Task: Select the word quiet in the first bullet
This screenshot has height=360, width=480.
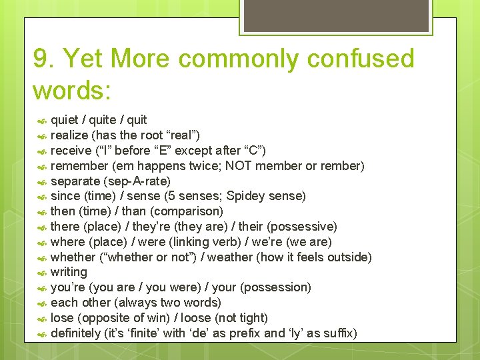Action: click(64, 120)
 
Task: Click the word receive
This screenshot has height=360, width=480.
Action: click(71, 151)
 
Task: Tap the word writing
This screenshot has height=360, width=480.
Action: click(69, 272)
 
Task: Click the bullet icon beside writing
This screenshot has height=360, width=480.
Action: click(41, 273)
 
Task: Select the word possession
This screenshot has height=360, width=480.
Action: click(277, 287)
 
